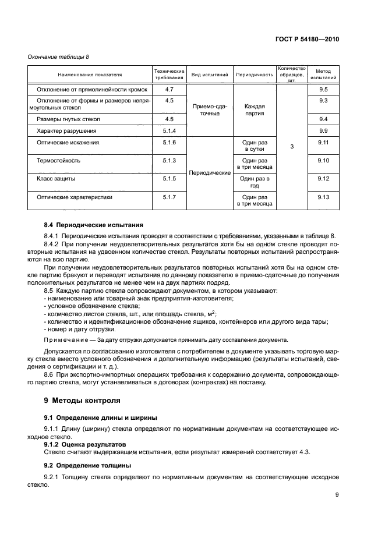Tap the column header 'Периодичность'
(x=254, y=75)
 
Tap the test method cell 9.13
(x=324, y=197)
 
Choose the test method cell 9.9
(x=324, y=130)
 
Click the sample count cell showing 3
(x=292, y=147)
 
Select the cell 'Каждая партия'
(x=255, y=110)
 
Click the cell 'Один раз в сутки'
(x=255, y=146)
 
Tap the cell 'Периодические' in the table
(x=209, y=173)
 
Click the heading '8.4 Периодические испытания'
(x=93, y=225)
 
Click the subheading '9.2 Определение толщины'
(x=87, y=465)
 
